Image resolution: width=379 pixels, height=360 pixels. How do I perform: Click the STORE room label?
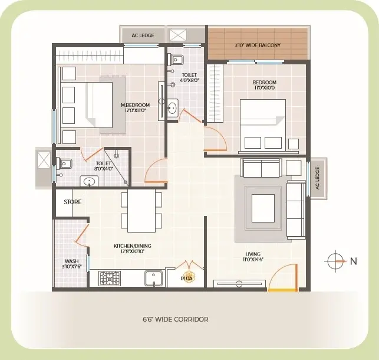72,202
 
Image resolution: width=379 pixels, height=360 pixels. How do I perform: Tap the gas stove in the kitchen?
110,279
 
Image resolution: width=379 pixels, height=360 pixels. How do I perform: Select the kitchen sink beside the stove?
153,279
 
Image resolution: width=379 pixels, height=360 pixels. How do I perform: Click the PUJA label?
187,279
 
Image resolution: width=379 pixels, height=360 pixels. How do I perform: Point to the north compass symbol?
335,261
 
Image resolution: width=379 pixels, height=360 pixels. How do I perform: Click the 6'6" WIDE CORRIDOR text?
176,319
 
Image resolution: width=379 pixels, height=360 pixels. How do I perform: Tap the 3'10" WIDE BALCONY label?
258,45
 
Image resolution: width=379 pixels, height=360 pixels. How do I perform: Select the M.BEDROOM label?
136,105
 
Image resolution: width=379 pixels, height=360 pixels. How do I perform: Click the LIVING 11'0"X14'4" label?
253,257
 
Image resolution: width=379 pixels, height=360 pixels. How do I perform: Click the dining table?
141,211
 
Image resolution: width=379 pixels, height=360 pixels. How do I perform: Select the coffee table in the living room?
263,208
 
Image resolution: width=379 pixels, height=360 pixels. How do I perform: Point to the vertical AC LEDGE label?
317,178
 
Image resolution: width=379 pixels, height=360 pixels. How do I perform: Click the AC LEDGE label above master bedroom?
143,35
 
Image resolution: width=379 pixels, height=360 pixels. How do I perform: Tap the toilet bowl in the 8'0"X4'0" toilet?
64,163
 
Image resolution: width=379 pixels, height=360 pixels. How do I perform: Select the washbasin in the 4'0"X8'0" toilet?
173,107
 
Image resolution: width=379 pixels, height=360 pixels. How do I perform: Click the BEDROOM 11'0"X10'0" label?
264,84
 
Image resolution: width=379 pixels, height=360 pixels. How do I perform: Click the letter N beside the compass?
354,261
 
